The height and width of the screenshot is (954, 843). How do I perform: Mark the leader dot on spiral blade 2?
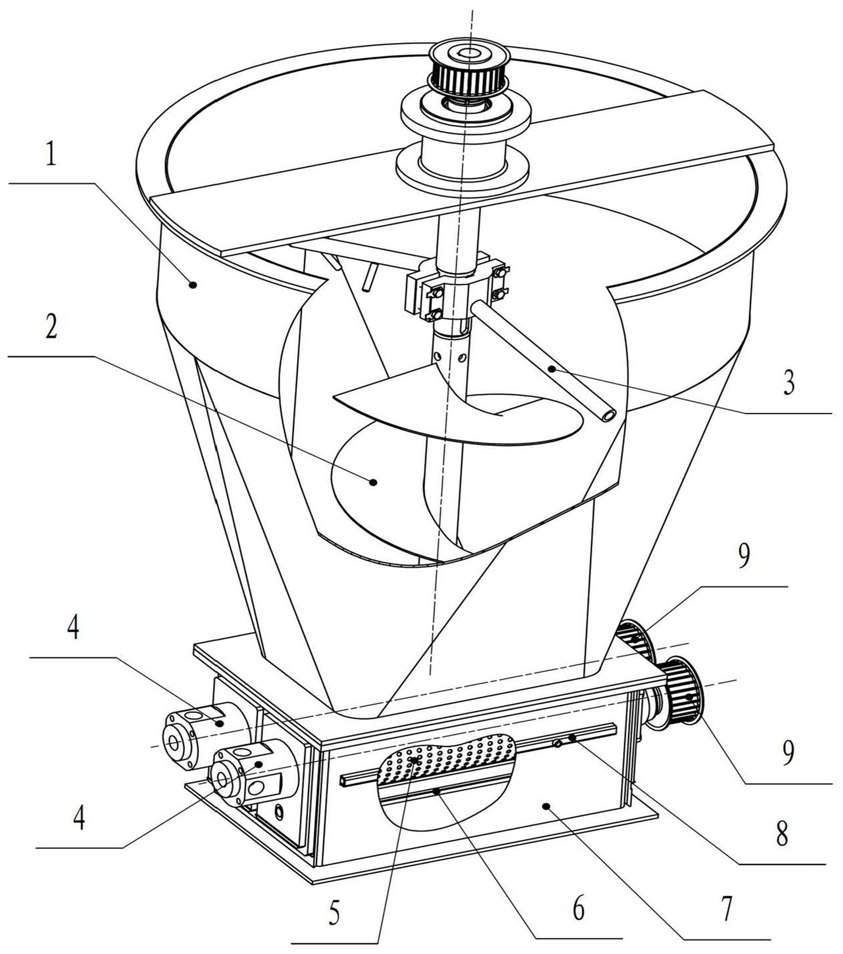373,482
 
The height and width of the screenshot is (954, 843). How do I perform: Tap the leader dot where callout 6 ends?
436,791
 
